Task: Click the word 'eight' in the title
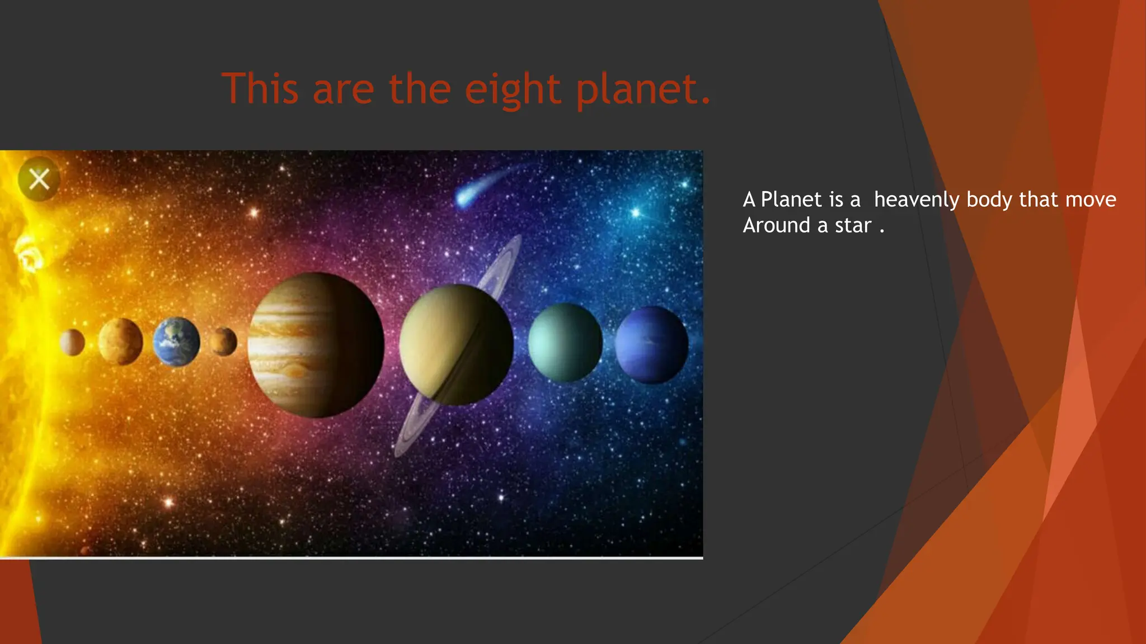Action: click(x=512, y=89)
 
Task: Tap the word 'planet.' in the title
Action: click(x=644, y=89)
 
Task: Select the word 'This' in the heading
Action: click(x=260, y=89)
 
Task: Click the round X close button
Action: click(x=39, y=179)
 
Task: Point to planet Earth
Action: click(x=176, y=342)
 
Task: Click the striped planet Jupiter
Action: click(x=316, y=345)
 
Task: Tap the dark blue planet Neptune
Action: click(x=651, y=344)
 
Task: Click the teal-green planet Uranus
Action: click(x=565, y=343)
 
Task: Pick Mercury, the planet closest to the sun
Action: click(x=72, y=342)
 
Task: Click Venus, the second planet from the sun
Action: click(x=120, y=342)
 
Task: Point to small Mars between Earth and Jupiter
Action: click(x=223, y=342)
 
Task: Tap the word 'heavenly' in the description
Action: click(x=917, y=200)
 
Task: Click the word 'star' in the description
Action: click(x=853, y=225)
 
